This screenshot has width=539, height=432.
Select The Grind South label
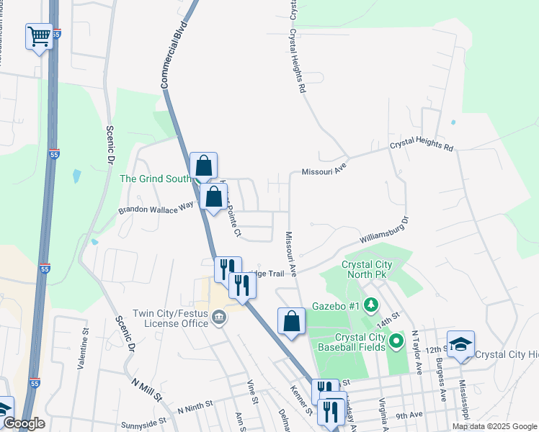(x=155, y=179)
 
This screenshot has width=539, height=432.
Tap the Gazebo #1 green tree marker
(x=371, y=306)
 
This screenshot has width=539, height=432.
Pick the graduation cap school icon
(x=460, y=343)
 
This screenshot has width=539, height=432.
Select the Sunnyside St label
(x=144, y=419)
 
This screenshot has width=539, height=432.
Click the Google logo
(x=23, y=423)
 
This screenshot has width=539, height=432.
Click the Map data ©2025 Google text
(x=494, y=426)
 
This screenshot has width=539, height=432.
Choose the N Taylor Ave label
(x=417, y=352)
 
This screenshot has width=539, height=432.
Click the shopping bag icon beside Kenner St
(x=291, y=321)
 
